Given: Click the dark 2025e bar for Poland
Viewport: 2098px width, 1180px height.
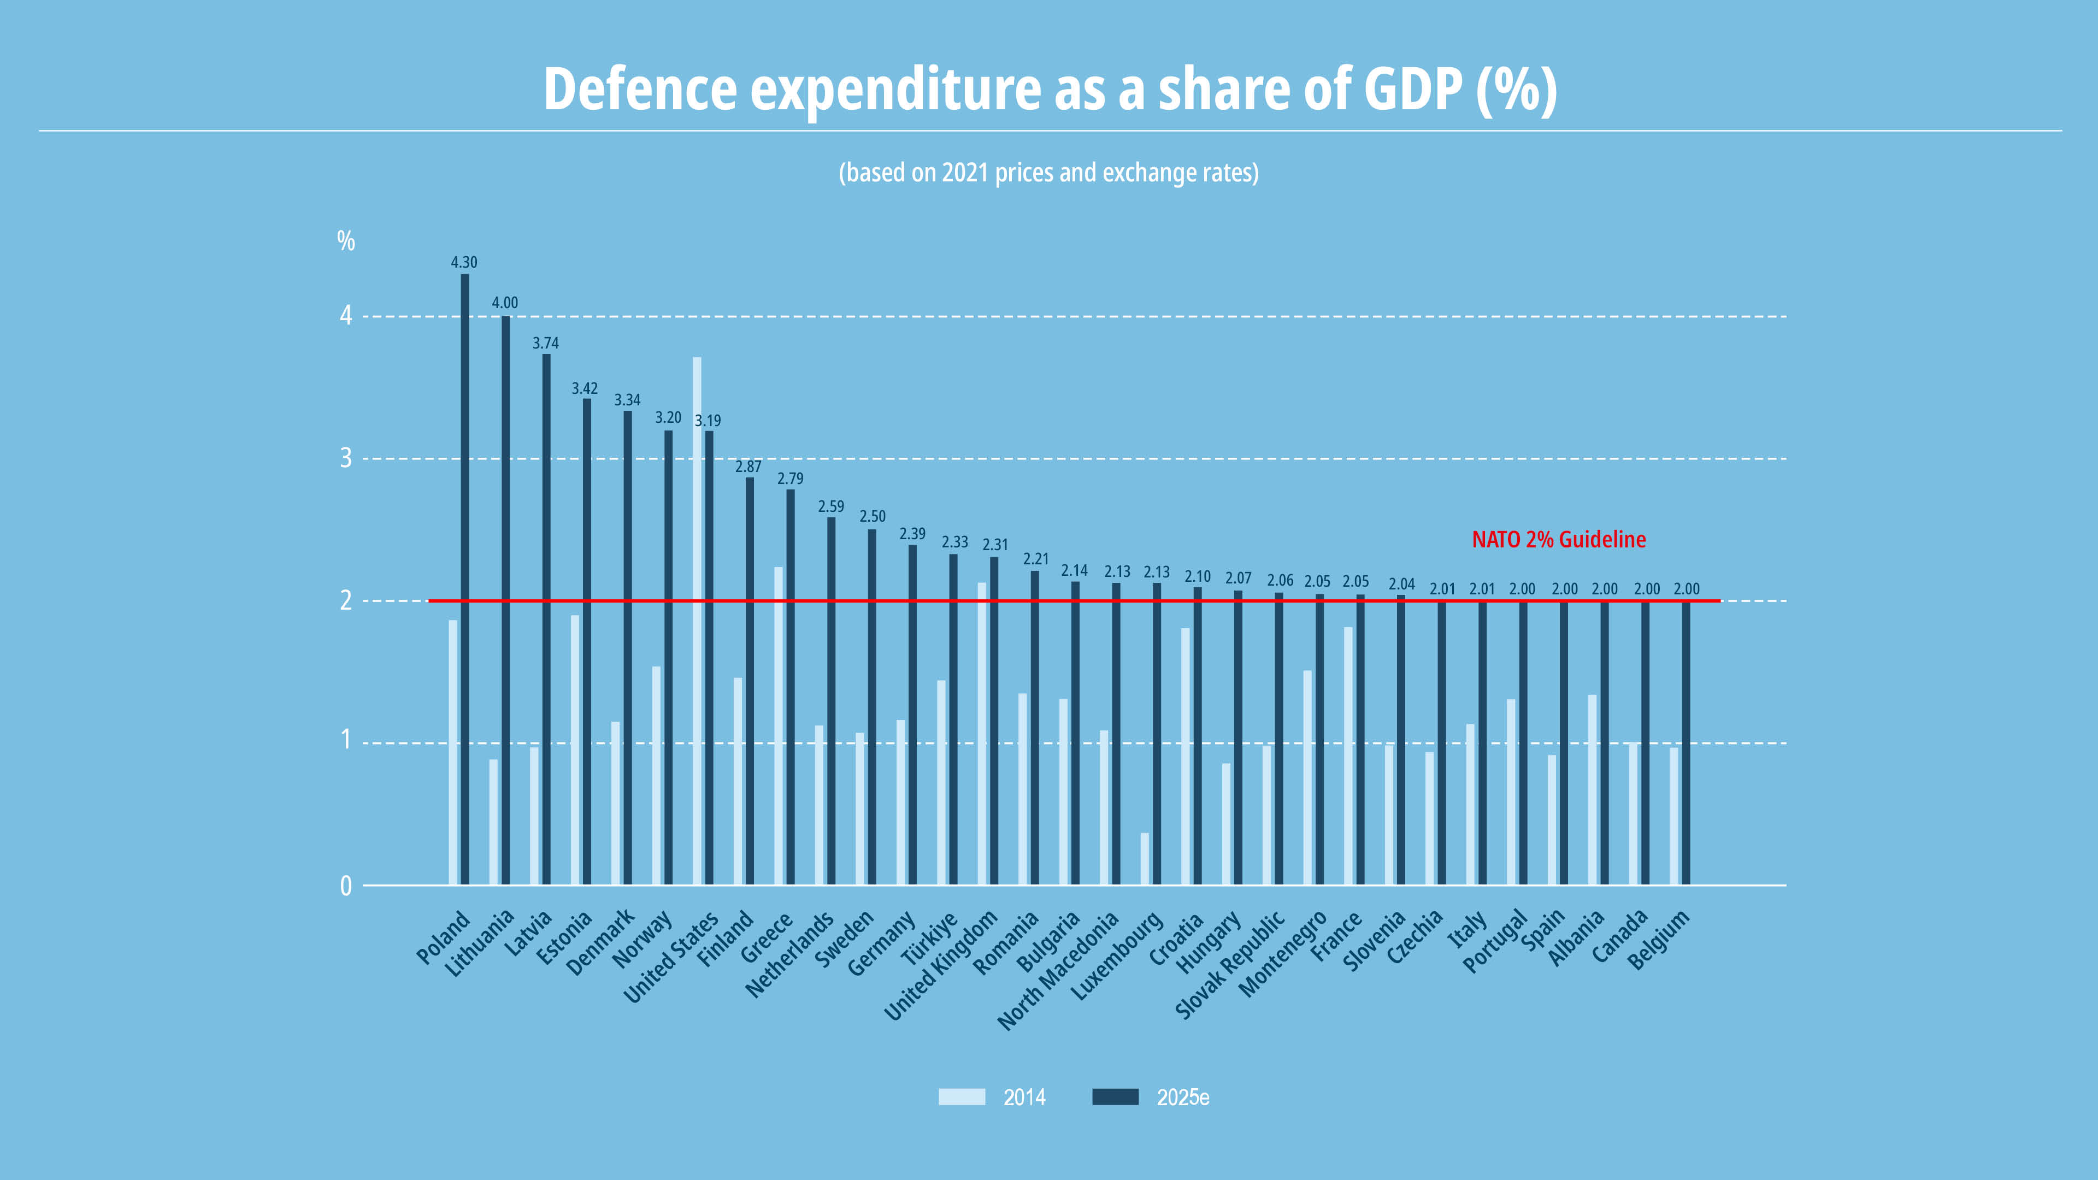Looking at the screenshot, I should tap(465, 578).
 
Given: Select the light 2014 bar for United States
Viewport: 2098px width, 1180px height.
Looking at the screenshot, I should tap(697, 619).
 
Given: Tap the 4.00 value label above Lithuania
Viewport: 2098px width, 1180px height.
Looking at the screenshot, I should tap(505, 303).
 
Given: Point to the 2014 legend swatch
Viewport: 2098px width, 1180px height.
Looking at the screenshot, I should tap(961, 1097).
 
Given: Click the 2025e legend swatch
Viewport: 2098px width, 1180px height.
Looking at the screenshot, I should tap(1115, 1097).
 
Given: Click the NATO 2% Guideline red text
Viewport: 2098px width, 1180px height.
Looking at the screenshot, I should tap(1558, 539).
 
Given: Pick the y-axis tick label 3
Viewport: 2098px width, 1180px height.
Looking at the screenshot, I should tap(346, 458).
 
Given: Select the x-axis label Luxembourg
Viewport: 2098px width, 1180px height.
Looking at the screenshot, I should tap(1117, 957).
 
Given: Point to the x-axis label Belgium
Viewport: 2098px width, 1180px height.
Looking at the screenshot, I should tap(1659, 941).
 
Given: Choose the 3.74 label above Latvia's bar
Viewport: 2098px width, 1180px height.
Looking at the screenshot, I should tap(546, 344).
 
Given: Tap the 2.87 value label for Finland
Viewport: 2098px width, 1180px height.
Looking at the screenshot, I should tap(749, 467).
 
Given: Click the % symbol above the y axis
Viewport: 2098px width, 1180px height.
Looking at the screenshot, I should tap(346, 241).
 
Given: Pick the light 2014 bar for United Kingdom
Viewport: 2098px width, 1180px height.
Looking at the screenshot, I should tap(982, 733).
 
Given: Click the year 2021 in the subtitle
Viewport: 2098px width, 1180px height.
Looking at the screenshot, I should tap(965, 173).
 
